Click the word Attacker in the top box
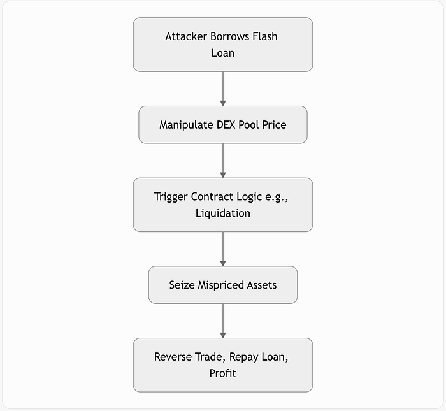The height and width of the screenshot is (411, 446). point(186,36)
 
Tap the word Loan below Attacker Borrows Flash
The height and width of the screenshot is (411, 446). point(223,53)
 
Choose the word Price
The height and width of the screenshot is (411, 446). point(274,125)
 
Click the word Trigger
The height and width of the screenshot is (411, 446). point(171,197)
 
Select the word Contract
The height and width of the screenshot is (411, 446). point(212,197)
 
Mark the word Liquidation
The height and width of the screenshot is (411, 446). point(223,213)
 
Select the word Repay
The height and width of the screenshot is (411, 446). point(244,357)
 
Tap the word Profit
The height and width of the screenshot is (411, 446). point(223,373)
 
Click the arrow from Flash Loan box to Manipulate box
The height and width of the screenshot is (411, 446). point(223,89)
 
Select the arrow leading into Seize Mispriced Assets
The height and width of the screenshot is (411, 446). point(223,249)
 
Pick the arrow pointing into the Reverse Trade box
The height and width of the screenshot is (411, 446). point(223,321)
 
